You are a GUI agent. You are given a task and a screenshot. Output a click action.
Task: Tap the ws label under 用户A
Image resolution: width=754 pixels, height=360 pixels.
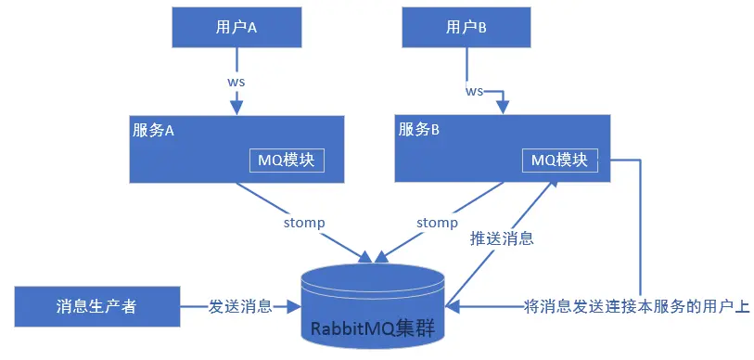pos(236,81)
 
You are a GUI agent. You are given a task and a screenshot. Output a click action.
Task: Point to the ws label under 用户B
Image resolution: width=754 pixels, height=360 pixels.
pos(474,91)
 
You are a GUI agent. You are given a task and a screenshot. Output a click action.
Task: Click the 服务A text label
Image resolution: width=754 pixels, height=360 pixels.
pos(154,130)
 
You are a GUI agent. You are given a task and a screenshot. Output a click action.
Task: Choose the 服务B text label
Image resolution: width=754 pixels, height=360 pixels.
pos(418,130)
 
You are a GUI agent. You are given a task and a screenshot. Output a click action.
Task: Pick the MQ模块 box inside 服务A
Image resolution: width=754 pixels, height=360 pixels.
pos(288,160)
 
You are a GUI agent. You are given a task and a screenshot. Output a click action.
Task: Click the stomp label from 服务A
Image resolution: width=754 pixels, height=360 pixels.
pos(305,223)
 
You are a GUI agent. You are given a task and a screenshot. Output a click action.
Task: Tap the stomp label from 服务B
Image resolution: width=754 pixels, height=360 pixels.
pos(437,223)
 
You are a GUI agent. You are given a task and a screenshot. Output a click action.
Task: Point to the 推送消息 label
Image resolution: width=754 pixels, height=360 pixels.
pos(503,238)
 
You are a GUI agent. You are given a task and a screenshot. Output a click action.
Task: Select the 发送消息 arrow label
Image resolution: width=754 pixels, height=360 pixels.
pos(240,306)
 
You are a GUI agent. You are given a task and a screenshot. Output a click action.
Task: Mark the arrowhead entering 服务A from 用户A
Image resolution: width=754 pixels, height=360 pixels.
pos(236,108)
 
